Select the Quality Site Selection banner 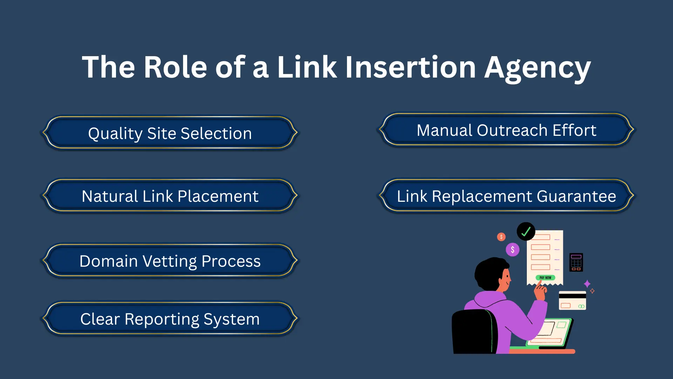[170, 133]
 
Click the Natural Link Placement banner [170, 196]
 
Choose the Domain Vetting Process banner [170, 261]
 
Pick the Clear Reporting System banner [170, 319]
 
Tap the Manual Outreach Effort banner [507, 130]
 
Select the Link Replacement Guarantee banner [507, 196]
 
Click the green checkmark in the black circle [526, 231]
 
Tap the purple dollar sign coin [512, 250]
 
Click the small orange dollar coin [501, 237]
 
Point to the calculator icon [576, 262]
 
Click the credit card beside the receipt [572, 301]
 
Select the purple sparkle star [587, 284]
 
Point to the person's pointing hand [540, 291]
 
